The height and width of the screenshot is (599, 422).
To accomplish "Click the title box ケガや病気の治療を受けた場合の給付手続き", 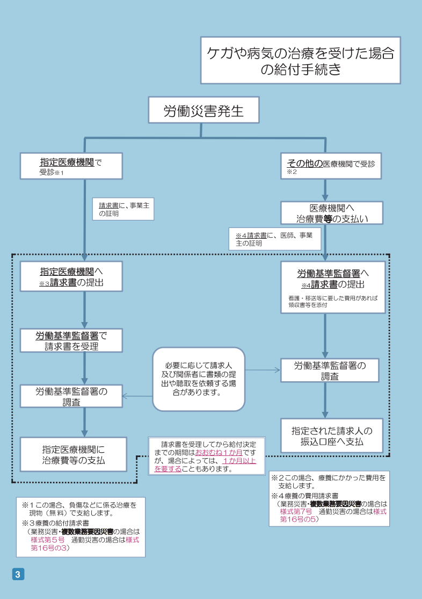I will (300, 60).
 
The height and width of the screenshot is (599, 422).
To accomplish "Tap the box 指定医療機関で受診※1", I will (71, 166).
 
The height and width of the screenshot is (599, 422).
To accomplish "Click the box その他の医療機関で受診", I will (331, 166).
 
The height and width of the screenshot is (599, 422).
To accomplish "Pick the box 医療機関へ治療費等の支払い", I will (332, 213).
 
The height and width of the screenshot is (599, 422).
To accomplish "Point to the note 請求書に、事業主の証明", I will (123, 209).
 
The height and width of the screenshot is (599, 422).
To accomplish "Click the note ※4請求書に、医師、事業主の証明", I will (274, 239).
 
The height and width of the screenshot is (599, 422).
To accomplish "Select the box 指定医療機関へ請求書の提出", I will (71, 276).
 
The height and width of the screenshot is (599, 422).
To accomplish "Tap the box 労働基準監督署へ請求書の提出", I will (332, 287).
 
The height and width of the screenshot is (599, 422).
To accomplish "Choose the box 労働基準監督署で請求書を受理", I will (71, 340).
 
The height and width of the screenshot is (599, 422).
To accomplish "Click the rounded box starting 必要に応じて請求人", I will (199, 379).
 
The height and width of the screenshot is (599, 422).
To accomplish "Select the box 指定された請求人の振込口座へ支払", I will (332, 436).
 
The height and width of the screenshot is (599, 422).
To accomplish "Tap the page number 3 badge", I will (18, 574).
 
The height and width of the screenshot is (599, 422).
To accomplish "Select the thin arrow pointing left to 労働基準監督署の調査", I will (137, 396).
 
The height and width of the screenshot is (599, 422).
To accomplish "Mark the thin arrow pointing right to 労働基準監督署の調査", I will (263, 370).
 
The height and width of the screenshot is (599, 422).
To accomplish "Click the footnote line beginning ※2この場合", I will (329, 481).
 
